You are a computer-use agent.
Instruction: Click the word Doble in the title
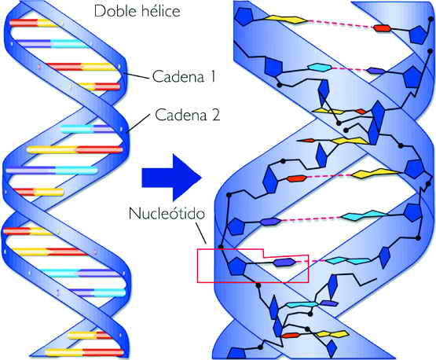pos(113,11)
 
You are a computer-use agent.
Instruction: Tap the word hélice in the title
pos(159,11)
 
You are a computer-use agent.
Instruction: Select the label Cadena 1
pos(184,76)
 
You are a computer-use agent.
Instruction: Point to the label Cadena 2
pos(188,114)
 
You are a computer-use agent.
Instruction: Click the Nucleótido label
pos(167,213)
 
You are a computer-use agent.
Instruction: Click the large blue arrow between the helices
pos(171,178)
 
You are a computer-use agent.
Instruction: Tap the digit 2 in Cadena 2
pos(215,115)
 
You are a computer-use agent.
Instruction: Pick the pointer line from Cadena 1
pos(136,75)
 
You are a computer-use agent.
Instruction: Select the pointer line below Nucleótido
pos(201,233)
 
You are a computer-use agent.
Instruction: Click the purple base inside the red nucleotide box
pos(284,262)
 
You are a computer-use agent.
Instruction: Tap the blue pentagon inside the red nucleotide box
pos(238,266)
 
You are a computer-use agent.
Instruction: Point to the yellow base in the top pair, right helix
pos(286,19)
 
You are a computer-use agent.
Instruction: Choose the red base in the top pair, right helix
pos(382,28)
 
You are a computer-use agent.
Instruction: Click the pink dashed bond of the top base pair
pos(340,24)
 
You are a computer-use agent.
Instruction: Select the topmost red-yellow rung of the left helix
pos(35,23)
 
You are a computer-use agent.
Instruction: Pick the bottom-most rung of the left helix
pos(84,352)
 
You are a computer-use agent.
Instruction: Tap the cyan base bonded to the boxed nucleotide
pos(348,261)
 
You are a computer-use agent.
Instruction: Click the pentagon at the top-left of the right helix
pos(244,17)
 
